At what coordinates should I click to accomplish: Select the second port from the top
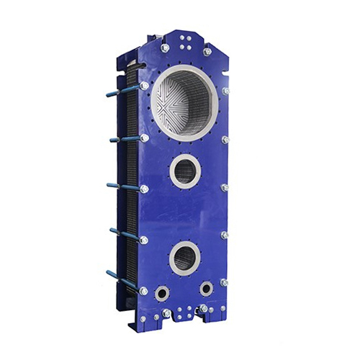186,171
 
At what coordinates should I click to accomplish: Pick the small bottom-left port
162,293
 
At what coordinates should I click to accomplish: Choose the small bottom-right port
207,289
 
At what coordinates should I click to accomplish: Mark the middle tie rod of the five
122,185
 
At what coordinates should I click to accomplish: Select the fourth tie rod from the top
122,233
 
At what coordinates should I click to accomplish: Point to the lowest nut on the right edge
224,282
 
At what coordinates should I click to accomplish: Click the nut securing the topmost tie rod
145,85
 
